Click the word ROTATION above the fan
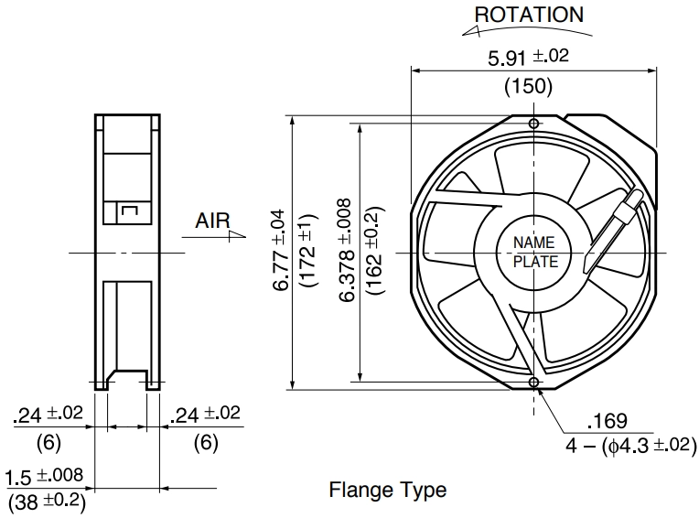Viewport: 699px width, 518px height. coord(529,15)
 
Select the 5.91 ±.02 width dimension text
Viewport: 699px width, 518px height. coord(529,57)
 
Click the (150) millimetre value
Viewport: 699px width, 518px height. coord(528,86)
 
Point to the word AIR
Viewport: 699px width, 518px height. coord(212,221)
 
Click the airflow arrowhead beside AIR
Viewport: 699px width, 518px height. coord(236,236)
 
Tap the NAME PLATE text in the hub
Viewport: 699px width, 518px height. coord(535,252)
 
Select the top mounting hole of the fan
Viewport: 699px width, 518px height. coord(533,124)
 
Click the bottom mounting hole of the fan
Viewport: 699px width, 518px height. coord(533,382)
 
